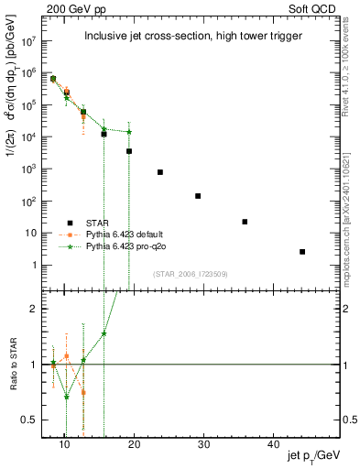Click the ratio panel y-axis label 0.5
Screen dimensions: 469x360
click(35, 420)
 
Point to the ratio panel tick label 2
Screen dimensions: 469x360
click(38, 309)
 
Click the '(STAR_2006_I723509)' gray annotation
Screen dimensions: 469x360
click(190, 274)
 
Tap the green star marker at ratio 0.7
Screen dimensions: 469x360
click(66, 397)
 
